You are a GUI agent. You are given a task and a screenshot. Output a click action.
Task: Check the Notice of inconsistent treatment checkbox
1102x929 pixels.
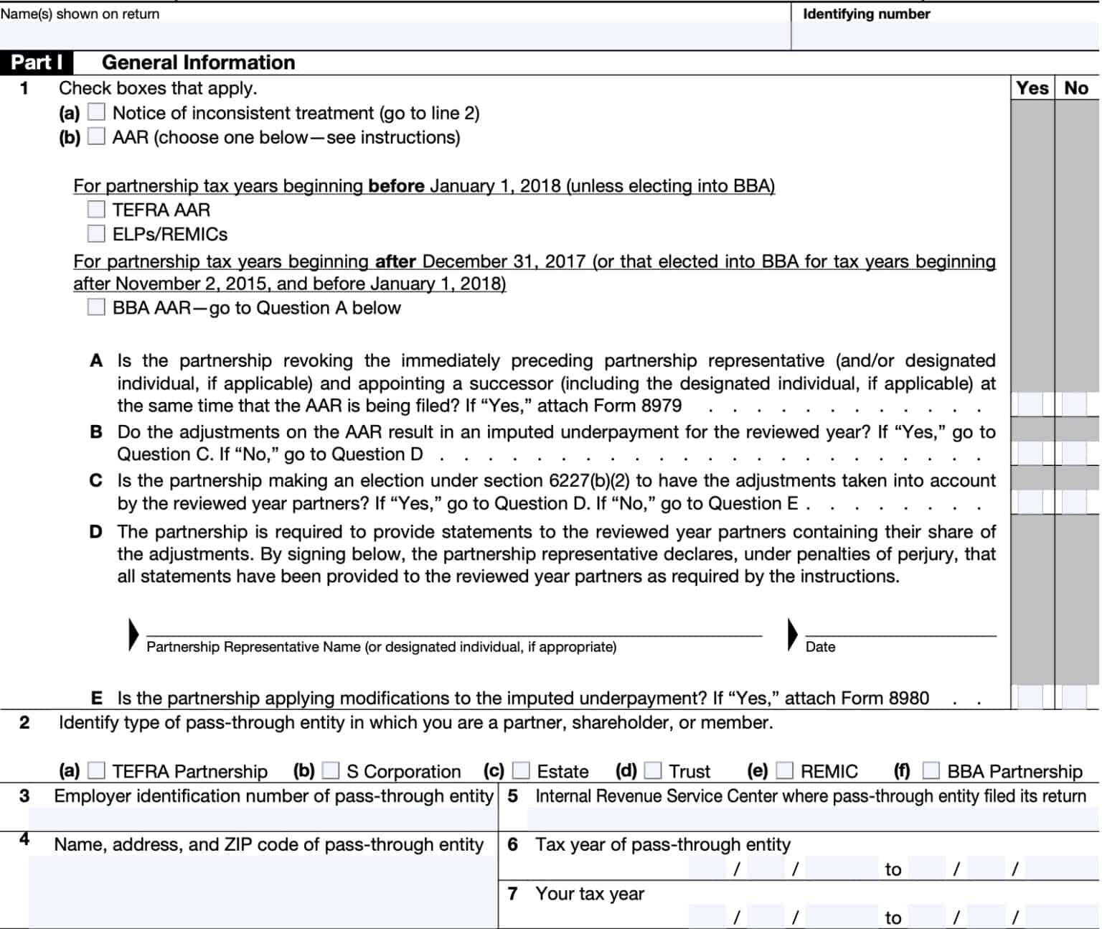coord(96,113)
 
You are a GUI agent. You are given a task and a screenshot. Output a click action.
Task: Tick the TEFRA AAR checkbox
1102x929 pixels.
coord(96,210)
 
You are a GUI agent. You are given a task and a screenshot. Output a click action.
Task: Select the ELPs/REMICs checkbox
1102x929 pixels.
coord(96,234)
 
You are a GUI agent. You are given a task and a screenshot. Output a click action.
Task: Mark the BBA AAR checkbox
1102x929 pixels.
coord(96,307)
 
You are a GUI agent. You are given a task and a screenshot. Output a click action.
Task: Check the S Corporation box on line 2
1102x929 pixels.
coord(331,771)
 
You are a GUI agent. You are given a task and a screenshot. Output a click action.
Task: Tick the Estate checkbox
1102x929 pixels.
coord(522,771)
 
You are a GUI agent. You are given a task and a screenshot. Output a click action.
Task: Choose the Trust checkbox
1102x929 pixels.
coord(653,771)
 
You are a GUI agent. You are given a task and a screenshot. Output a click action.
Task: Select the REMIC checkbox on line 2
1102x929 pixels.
coord(785,771)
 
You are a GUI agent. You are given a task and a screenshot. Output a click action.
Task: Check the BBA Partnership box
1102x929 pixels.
coord(931,771)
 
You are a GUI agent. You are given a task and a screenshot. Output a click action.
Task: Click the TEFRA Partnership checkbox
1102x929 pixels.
coord(96,771)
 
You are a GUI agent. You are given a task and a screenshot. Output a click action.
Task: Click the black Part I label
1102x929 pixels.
coord(37,62)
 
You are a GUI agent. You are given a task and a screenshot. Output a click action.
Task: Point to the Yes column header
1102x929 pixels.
coord(1032,88)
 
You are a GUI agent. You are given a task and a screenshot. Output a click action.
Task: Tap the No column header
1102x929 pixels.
coord(1076,88)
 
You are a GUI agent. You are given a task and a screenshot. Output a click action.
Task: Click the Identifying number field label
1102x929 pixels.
coord(866,14)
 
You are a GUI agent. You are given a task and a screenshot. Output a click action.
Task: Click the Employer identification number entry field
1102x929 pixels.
coord(262,818)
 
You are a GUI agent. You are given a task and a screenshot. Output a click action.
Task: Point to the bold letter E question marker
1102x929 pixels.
coord(96,698)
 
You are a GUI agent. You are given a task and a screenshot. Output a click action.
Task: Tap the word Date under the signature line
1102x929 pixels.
coord(820,647)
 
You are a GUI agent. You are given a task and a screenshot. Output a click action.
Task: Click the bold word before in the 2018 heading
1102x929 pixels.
coord(396,186)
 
